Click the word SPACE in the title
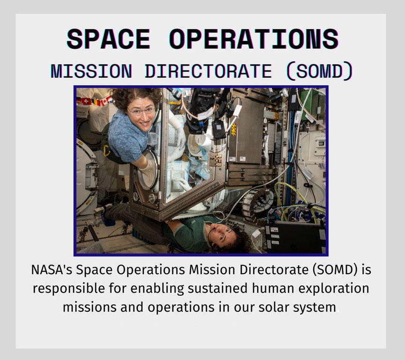108,39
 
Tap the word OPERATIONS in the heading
254,39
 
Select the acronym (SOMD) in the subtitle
320,71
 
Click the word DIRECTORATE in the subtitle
208,71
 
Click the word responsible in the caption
68,289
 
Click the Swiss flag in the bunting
86,101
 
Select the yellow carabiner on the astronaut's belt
106,150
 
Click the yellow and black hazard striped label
234,129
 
